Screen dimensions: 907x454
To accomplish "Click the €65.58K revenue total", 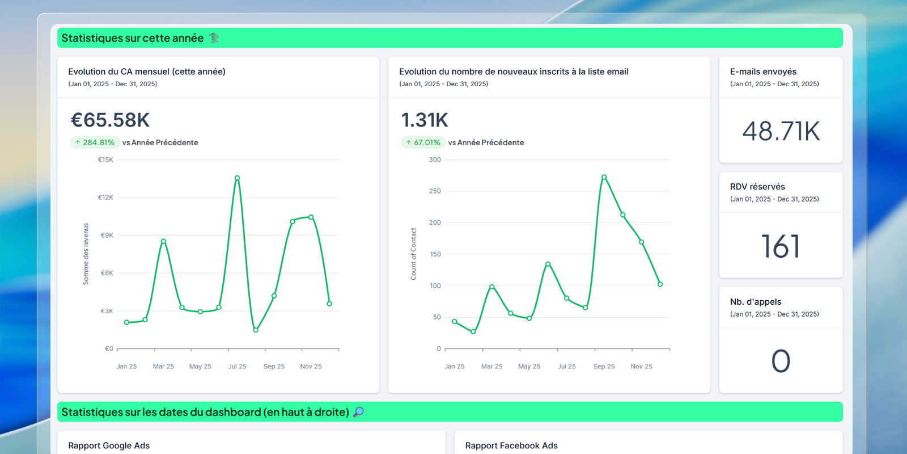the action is tap(110, 120).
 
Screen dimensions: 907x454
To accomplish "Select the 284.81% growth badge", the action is tap(95, 142).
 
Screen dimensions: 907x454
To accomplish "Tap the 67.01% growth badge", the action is tap(423, 142).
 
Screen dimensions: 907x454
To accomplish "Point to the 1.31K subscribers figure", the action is tap(425, 120).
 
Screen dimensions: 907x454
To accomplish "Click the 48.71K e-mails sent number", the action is tap(781, 131).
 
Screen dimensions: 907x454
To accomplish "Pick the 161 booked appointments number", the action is tap(781, 246).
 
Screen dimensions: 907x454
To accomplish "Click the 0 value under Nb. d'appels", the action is tap(781, 361).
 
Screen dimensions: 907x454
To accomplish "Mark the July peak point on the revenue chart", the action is tap(238, 178).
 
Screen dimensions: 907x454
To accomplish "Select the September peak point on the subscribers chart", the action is tap(604, 177).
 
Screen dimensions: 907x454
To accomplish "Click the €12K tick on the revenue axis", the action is tap(105, 197).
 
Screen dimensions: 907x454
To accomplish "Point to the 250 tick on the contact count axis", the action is tap(435, 191).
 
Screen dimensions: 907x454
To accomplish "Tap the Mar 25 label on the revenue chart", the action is tap(163, 367).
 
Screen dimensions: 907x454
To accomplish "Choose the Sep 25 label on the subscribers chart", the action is tap(604, 367).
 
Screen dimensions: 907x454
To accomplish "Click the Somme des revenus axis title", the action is tap(86, 254).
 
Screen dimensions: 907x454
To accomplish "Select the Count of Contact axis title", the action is tap(413, 254).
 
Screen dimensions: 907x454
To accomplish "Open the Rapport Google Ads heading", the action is tap(109, 445).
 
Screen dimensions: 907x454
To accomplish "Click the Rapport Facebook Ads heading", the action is tap(511, 445).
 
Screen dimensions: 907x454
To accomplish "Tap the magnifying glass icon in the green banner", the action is tap(358, 412).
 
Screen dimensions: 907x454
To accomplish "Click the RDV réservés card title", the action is tap(757, 187).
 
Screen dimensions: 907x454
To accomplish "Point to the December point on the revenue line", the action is tap(329, 304).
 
